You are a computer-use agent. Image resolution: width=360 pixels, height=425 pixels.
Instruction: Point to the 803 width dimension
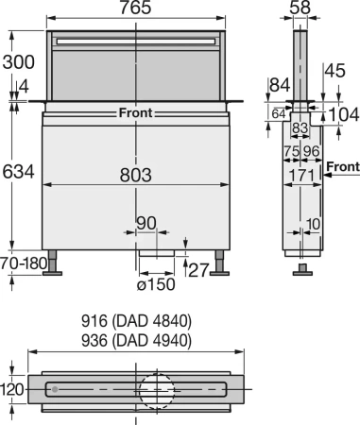[x=138, y=174]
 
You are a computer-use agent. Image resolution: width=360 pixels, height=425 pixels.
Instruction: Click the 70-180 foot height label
[x=20, y=262]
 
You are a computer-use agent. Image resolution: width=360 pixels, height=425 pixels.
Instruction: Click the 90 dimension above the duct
[x=146, y=223]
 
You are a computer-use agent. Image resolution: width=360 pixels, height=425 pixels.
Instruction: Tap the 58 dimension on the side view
[x=300, y=8]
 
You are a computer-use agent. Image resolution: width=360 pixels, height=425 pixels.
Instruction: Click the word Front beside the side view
[x=343, y=167]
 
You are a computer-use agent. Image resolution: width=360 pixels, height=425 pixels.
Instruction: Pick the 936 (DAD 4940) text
[x=138, y=339]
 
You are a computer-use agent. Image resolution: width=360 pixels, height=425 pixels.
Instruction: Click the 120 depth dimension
[x=13, y=388]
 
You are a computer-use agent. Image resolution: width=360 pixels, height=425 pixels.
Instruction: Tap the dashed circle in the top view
[x=157, y=388]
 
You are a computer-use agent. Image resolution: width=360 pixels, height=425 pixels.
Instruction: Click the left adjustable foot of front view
[x=56, y=262]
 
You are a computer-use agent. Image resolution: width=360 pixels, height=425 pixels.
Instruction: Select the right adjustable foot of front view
[x=223, y=262]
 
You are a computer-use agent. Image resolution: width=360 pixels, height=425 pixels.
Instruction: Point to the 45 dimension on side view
[x=334, y=69]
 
